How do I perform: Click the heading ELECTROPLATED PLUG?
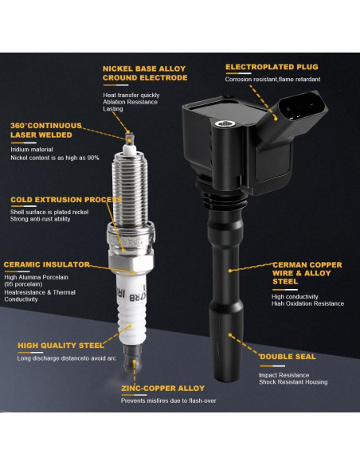click(x=272, y=67)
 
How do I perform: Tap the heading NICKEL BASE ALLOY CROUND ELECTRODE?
click(x=145, y=73)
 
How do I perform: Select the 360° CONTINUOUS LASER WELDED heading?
click(x=46, y=131)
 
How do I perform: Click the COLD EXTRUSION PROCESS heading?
click(x=66, y=200)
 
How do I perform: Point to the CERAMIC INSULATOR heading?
click(x=46, y=264)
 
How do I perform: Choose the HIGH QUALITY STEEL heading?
click(x=61, y=346)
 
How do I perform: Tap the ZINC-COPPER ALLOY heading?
click(x=162, y=389)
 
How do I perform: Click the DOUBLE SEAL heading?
click(x=288, y=357)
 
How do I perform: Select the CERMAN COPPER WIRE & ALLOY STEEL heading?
click(x=307, y=273)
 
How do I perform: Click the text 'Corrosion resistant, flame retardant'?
click(x=272, y=80)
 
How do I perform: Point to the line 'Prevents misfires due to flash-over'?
click(x=168, y=401)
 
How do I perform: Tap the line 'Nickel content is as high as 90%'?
click(x=55, y=158)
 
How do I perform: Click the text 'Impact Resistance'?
click(x=284, y=375)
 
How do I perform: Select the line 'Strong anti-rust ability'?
click(x=40, y=219)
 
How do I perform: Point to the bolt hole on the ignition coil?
click(x=225, y=123)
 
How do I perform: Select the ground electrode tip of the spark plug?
click(x=130, y=138)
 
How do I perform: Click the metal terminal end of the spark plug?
click(x=132, y=359)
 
